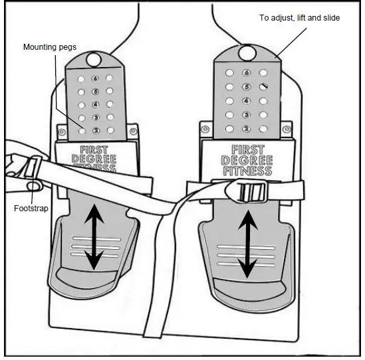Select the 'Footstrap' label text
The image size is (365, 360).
(30, 208)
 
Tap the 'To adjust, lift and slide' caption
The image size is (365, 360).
(299, 18)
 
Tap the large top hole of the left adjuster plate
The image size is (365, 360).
(94, 60)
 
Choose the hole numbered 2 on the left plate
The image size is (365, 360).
(95, 131)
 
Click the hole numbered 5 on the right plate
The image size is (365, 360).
(247, 86)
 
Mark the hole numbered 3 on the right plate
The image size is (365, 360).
(247, 114)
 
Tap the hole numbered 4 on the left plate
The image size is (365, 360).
(95, 105)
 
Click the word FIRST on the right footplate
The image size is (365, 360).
(247, 151)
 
